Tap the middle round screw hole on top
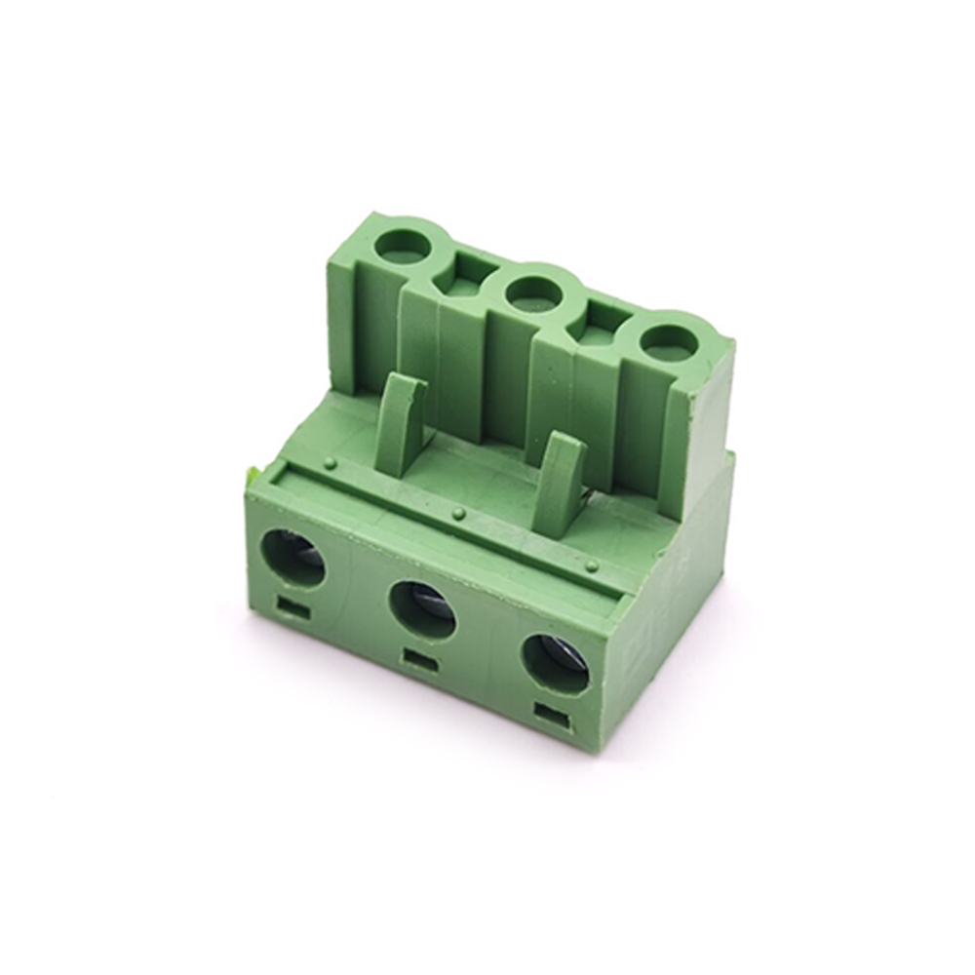tap(533, 290)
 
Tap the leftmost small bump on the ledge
tap(331, 461)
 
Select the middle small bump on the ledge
tap(457, 513)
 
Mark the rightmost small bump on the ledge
tap(592, 565)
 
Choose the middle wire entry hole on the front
tap(422, 609)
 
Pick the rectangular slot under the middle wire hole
tap(419, 660)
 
